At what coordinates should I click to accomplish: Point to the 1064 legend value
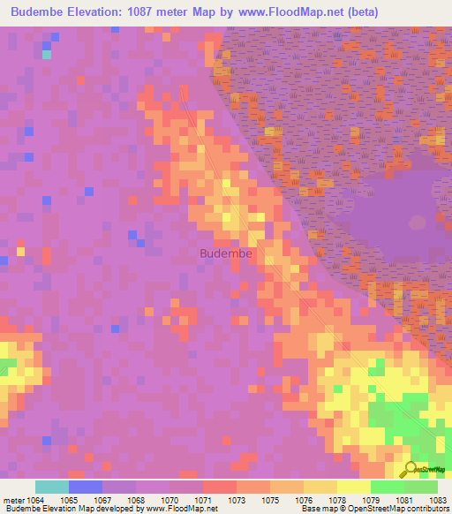[x=34, y=499]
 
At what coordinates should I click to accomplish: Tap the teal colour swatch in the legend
[x=52, y=487]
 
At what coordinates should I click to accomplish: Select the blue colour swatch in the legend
[x=86, y=487]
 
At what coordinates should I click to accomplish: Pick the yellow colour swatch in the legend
[x=353, y=487]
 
